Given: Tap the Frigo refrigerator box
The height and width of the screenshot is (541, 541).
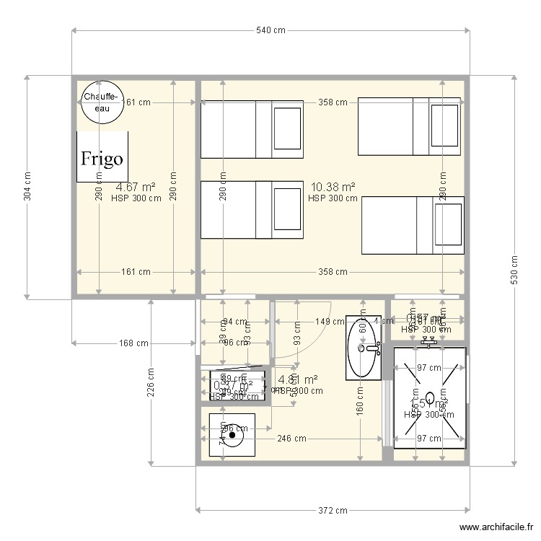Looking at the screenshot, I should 102,157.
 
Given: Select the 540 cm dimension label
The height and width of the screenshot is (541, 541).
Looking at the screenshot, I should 270,30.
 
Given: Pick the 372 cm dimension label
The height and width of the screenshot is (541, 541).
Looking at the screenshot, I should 333,511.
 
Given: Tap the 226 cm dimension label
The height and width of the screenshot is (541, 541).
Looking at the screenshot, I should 151,382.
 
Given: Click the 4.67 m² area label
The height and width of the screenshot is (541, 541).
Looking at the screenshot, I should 136,187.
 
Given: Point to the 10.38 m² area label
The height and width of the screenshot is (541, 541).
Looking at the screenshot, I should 333,187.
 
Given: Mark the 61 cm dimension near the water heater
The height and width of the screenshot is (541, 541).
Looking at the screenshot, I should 138,102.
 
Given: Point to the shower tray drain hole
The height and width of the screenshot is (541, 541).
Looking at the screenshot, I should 430,397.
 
